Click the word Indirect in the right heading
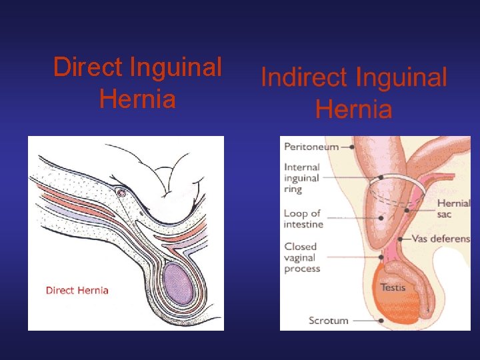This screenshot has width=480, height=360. click(304, 78)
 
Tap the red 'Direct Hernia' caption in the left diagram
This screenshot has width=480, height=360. click(77, 290)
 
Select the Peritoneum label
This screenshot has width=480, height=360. click(311, 147)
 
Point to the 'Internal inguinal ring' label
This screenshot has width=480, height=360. click(301, 177)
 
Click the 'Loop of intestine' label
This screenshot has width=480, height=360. click(303, 219)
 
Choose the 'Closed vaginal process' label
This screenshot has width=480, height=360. click(302, 257)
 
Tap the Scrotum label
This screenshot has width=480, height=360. click(328, 321)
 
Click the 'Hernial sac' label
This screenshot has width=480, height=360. click(453, 208)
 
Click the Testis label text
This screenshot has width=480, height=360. click(393, 287)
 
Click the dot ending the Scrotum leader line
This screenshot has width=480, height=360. click(381, 321)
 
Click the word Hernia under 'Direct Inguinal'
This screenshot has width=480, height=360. click(137, 100)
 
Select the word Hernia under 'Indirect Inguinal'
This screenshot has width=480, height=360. click(353, 109)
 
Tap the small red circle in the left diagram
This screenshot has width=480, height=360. click(121, 193)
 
